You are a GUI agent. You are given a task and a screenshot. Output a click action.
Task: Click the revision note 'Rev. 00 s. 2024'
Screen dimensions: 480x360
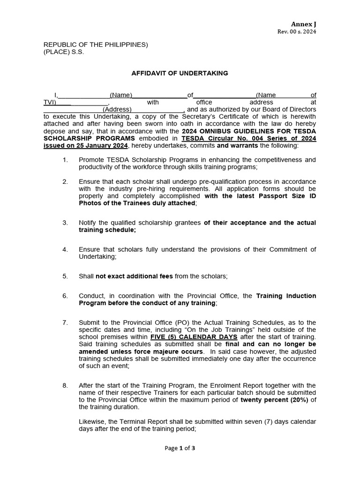pos(297,32)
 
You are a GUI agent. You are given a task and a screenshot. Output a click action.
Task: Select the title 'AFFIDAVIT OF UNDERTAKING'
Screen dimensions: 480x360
pos(180,73)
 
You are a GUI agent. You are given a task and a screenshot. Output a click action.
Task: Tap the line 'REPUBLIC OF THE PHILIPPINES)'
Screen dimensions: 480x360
pos(96,45)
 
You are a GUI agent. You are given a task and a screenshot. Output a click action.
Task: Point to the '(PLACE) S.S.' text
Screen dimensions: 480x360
pos(64,52)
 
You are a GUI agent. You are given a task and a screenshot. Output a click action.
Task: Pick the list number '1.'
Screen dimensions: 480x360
pos(65,160)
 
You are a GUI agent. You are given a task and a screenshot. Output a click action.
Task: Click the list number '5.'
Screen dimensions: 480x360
pos(65,276)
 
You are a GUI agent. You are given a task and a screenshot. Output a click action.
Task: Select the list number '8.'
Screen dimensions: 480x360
pos(65,385)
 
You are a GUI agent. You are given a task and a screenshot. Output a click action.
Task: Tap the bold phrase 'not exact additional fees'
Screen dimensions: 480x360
pos(134,276)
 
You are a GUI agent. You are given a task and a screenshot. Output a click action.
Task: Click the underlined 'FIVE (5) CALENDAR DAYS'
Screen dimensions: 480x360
pos(194,337)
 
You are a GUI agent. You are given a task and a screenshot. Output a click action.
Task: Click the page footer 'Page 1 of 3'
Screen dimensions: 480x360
pos(180,448)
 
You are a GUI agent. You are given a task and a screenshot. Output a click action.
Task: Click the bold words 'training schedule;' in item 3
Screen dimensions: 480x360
pos(107,230)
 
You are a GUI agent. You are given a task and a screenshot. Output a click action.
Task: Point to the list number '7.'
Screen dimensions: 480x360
pos(65,322)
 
